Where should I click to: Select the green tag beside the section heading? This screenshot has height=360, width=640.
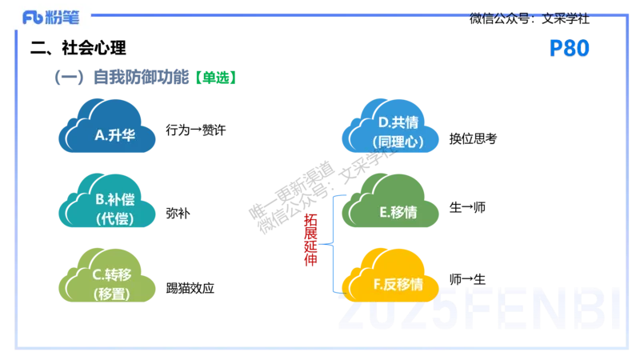[216, 78]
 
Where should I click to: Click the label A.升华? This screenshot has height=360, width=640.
[114, 135]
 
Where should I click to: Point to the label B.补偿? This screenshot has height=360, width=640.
[114, 199]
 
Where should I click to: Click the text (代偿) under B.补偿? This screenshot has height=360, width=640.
[114, 218]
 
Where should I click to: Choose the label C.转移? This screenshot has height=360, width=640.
[112, 274]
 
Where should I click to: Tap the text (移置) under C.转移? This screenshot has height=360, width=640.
[112, 293]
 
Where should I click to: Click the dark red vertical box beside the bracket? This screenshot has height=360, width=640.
[310, 238]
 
